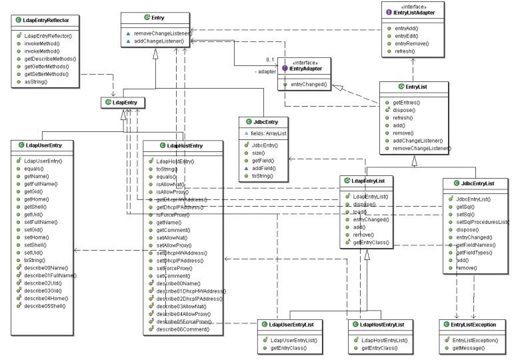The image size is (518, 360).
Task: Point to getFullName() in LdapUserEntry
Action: (40, 183)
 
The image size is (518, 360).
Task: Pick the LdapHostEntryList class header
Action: (381, 324)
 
